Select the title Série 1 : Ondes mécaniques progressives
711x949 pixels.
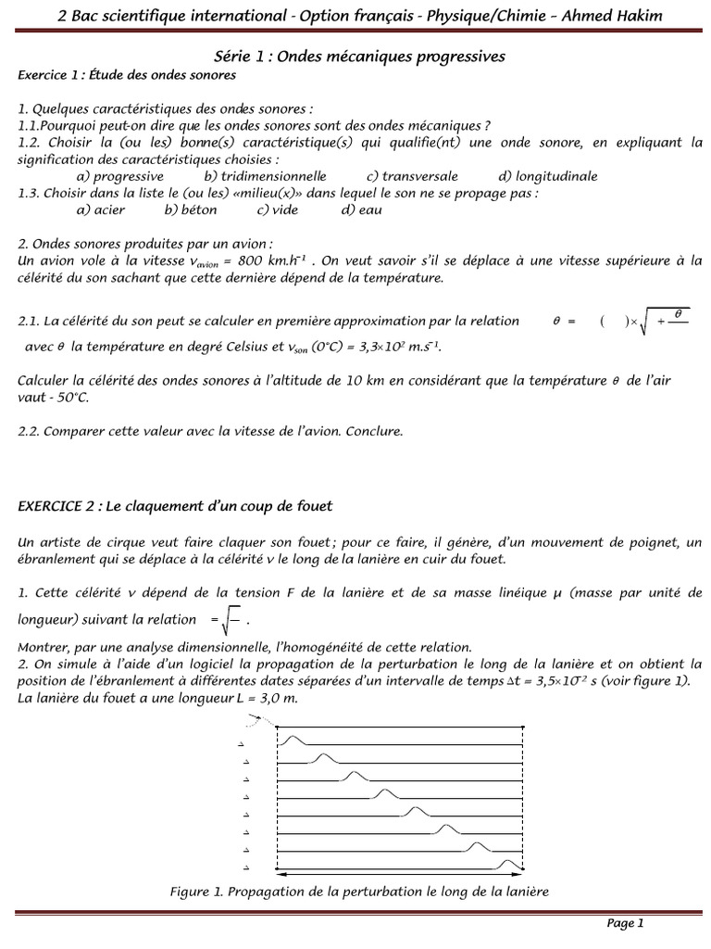click(355, 57)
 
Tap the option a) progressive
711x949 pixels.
click(120, 176)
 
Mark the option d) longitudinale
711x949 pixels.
click(547, 176)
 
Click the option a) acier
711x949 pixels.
click(100, 209)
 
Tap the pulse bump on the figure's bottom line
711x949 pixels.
click(508, 865)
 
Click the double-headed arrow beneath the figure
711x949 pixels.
click(399, 874)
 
